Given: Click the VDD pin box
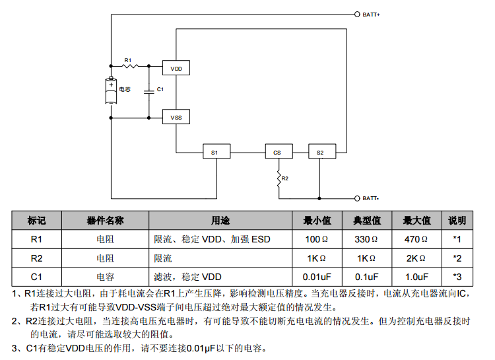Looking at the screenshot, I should pos(176,69).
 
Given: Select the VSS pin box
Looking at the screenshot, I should pos(176,117).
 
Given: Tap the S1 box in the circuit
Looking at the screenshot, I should pos(214,152).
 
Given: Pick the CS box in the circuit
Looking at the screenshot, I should pos(277,152).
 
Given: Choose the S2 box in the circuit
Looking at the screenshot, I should pos(320,152).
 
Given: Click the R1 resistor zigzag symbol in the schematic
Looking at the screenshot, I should pos(129,66).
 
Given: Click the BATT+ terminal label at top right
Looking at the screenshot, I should pos(372,14).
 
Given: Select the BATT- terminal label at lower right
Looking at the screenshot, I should pos(372,198).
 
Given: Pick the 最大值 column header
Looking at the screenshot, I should pos(416,220).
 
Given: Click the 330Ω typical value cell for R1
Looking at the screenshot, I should pos(366,238).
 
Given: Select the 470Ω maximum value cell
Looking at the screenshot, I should pos(416,238).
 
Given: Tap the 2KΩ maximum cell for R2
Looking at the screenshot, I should pos(416,258).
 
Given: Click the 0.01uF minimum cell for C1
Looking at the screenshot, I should pos(316,276).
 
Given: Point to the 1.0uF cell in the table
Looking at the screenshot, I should pos(416,276).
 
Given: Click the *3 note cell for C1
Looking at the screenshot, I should pos(457,276).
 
